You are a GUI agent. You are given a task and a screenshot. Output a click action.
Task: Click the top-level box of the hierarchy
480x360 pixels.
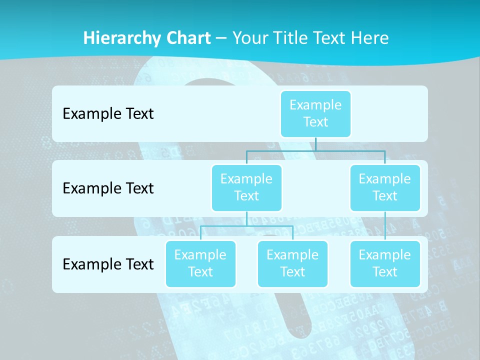pyautogui.click(x=315, y=113)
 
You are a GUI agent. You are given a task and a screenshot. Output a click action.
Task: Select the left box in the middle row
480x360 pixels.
pyautogui.click(x=246, y=187)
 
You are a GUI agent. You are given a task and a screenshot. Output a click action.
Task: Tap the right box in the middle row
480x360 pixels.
pyautogui.click(x=385, y=187)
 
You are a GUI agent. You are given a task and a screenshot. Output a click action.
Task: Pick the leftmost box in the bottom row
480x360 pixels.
pyautogui.click(x=200, y=263)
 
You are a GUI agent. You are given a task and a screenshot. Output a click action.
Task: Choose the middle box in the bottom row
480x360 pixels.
pyautogui.click(x=292, y=263)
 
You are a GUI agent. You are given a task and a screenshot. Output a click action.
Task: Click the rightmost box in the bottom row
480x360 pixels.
pyautogui.click(x=385, y=263)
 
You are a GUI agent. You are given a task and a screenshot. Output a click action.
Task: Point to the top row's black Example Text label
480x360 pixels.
pyautogui.click(x=108, y=114)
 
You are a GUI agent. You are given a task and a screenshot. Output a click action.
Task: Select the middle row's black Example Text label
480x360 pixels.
pyautogui.click(x=108, y=188)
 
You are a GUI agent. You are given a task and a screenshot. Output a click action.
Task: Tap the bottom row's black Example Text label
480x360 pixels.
pyautogui.click(x=108, y=264)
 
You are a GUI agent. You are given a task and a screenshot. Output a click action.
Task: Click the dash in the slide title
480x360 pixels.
pyautogui.click(x=221, y=38)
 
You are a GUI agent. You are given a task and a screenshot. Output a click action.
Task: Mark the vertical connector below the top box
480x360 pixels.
pyautogui.click(x=315, y=144)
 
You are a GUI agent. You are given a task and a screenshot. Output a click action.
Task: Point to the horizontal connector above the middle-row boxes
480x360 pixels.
pyautogui.click(x=315, y=150)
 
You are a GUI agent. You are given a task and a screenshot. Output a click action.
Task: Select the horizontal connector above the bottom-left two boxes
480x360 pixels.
pyautogui.click(x=246, y=226)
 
